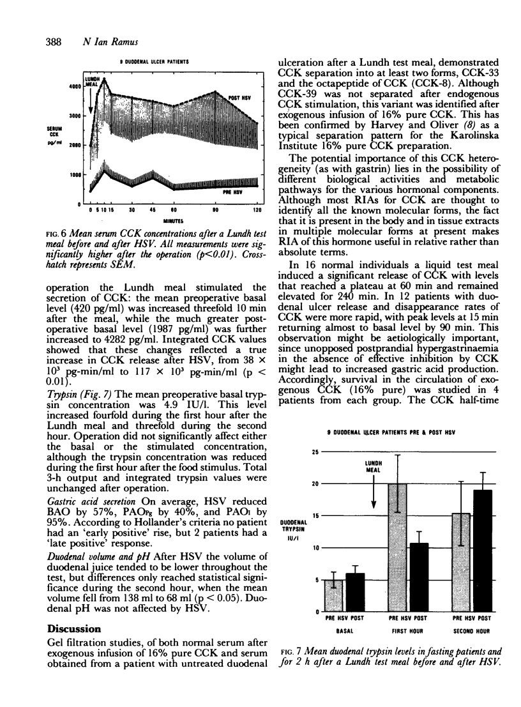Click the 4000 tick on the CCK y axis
click(x=75, y=86)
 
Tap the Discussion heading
click(x=75, y=629)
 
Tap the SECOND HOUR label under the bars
click(x=471, y=630)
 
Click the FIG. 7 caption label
click(x=292, y=651)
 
